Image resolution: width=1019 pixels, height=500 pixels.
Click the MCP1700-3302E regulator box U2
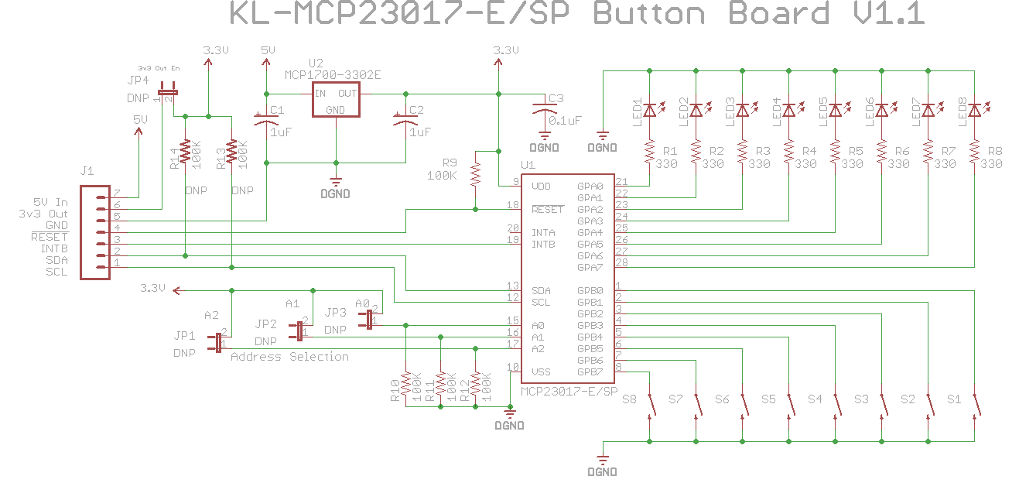pyautogui.click(x=336, y=101)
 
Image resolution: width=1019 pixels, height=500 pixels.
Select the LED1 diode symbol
pyautogui.click(x=650, y=111)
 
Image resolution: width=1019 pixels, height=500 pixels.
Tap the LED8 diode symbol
pyautogui.click(x=975, y=111)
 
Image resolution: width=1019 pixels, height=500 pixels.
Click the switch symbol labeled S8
pyautogui.click(x=651, y=403)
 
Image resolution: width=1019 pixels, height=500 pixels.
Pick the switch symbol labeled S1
pyautogui.click(x=976, y=403)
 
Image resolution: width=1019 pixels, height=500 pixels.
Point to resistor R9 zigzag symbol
pyautogui.click(x=476, y=176)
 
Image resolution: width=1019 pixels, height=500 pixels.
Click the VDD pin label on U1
pyautogui.click(x=541, y=187)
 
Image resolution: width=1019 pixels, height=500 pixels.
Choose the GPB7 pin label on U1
pyautogui.click(x=590, y=372)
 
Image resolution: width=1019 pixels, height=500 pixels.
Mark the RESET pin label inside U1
pyautogui.click(x=547, y=210)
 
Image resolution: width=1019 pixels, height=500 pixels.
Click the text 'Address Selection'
pyautogui.click(x=289, y=357)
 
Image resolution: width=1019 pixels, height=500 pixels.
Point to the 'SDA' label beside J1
pyautogui.click(x=56, y=260)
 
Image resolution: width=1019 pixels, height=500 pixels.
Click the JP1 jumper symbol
pyautogui.click(x=218, y=343)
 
